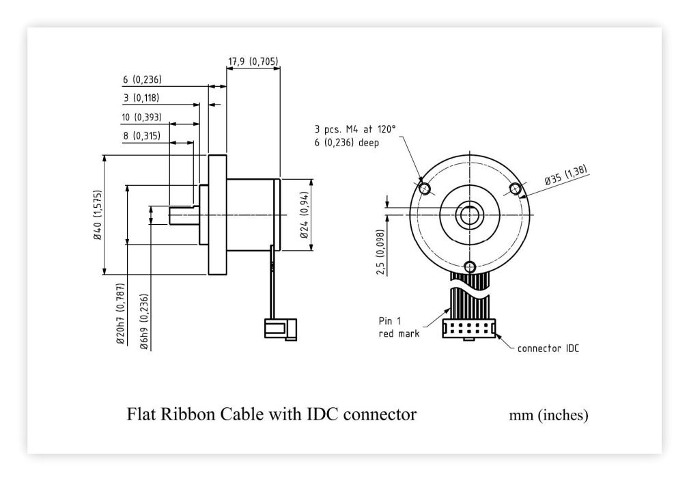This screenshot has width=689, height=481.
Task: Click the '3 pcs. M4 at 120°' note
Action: (x=355, y=129)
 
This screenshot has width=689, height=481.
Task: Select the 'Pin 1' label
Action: (x=390, y=321)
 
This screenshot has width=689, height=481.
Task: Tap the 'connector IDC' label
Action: (x=548, y=348)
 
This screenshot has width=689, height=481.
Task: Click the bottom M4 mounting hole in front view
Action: (x=470, y=266)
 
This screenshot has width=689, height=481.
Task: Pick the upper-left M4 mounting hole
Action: (x=425, y=189)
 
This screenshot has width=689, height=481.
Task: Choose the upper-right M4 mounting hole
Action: (x=515, y=189)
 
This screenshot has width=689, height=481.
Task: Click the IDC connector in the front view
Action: (x=469, y=329)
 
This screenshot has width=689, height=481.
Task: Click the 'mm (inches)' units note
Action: (x=548, y=415)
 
